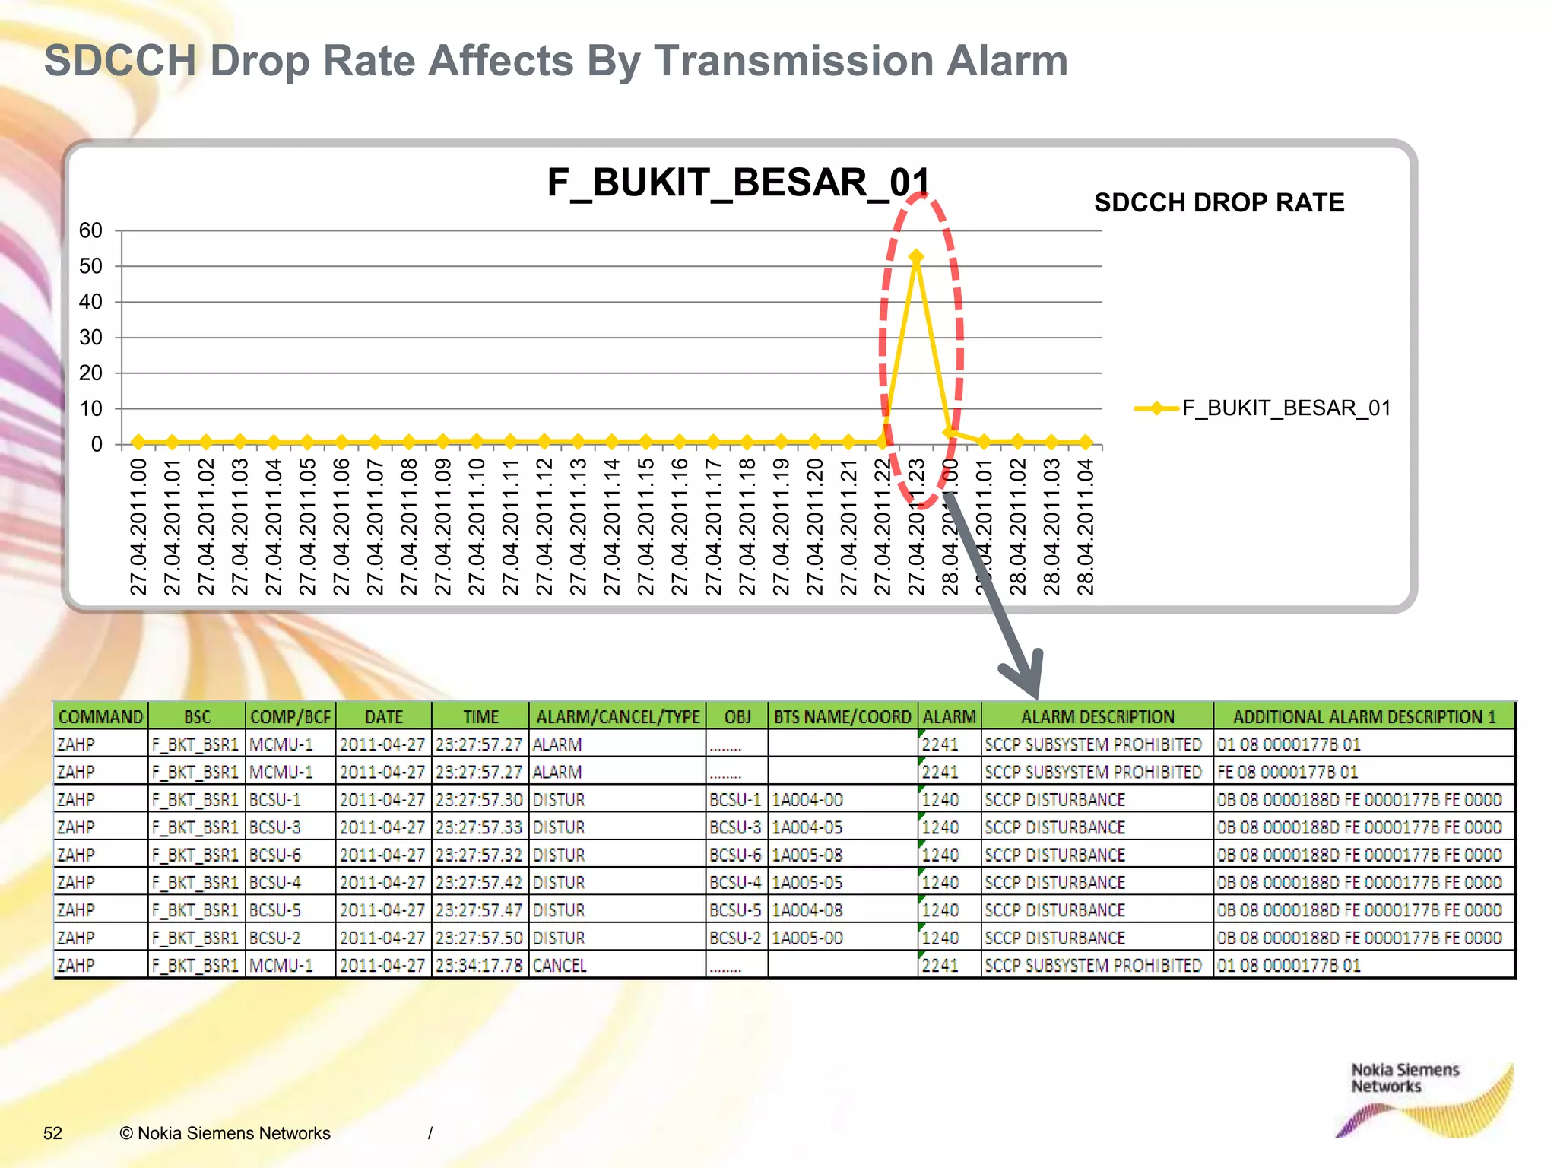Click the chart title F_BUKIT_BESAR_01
coord(738,183)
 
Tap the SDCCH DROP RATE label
coord(1219,203)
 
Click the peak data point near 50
coord(916,258)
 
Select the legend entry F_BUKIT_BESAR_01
coord(1262,408)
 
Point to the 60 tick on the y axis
coord(90,230)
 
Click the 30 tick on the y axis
coord(90,338)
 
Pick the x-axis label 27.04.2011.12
coord(544,526)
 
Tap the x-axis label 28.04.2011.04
coord(1086,526)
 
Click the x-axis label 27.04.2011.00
coord(138,526)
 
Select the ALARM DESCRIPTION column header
coord(1097,716)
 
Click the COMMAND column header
coord(100,716)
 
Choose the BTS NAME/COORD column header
coord(842,716)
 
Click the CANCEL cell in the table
coord(560,966)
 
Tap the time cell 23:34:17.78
coord(479,966)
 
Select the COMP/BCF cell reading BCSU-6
coord(275,855)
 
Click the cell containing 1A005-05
coord(807,883)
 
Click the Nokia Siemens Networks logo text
coord(1404,1078)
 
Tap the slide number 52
coord(52,1133)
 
